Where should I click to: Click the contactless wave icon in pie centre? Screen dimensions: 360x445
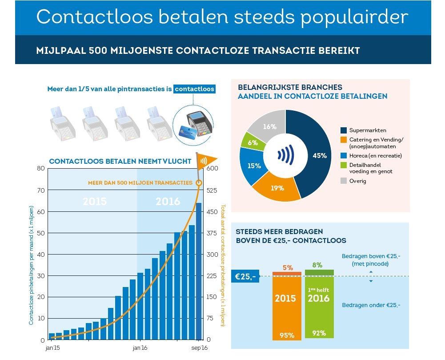(x=285, y=155)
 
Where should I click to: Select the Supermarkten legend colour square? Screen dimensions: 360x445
(x=344, y=130)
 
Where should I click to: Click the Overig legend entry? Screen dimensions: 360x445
(x=358, y=181)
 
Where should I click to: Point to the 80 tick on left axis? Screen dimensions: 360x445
(x=40, y=168)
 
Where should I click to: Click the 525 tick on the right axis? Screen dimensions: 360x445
(x=212, y=190)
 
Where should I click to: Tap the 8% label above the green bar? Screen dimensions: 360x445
(x=317, y=265)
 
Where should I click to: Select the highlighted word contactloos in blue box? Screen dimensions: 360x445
(x=194, y=89)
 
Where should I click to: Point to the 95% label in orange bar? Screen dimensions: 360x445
(x=286, y=335)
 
